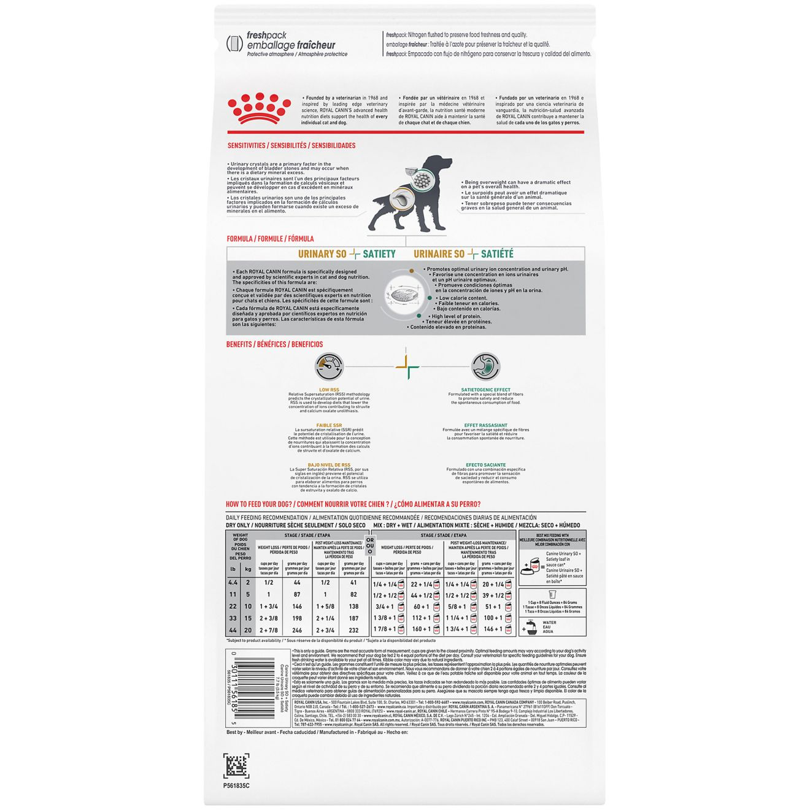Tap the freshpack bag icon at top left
pyautogui.click(x=234, y=44)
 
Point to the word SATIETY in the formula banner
pyautogui.click(x=379, y=254)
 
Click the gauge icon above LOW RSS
pyautogui.click(x=329, y=367)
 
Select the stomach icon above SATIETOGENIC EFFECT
pyautogui.click(x=485, y=367)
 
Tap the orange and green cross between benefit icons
pyautogui.click(x=407, y=367)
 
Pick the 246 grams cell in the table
pyautogui.click(x=297, y=630)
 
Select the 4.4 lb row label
pyautogui.click(x=233, y=583)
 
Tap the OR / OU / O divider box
pyautogui.click(x=369, y=546)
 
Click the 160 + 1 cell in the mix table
pyautogui.click(x=422, y=630)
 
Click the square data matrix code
pyautogui.click(x=237, y=765)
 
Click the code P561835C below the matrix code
pyautogui.click(x=237, y=785)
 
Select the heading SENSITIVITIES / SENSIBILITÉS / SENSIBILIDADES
pyautogui.click(x=291, y=146)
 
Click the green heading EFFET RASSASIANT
pyautogui.click(x=485, y=425)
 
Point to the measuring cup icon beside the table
pyautogui.click(x=551, y=595)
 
